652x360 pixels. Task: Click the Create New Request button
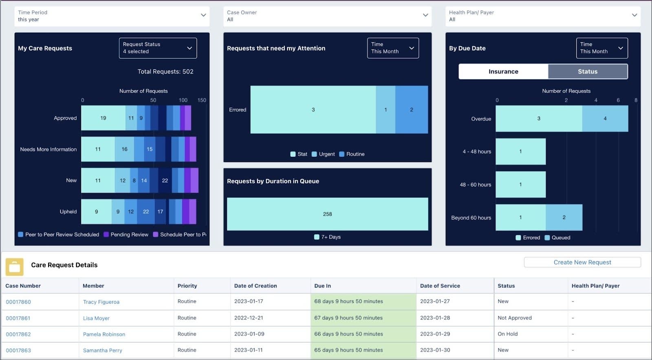[x=582, y=262]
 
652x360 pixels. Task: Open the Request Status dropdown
[x=158, y=48]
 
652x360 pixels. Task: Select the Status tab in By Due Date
[x=587, y=71]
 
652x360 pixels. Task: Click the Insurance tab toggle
[x=503, y=71]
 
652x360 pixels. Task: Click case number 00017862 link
[x=18, y=334]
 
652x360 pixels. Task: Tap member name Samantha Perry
[x=102, y=350]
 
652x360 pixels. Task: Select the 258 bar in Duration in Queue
[x=327, y=214]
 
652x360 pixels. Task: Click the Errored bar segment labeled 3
[x=313, y=110]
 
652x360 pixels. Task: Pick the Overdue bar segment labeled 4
[x=605, y=119]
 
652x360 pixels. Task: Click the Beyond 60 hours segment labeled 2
[x=564, y=217]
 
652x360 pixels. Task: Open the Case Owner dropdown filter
[x=327, y=16]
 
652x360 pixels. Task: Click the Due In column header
[x=322, y=286]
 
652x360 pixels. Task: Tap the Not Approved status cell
[x=514, y=318]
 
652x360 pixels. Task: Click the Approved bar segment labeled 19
[x=103, y=118]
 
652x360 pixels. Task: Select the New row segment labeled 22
[x=165, y=180]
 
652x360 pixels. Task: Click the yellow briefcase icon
[x=14, y=267]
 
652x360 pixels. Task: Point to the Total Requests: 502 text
[x=165, y=71]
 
